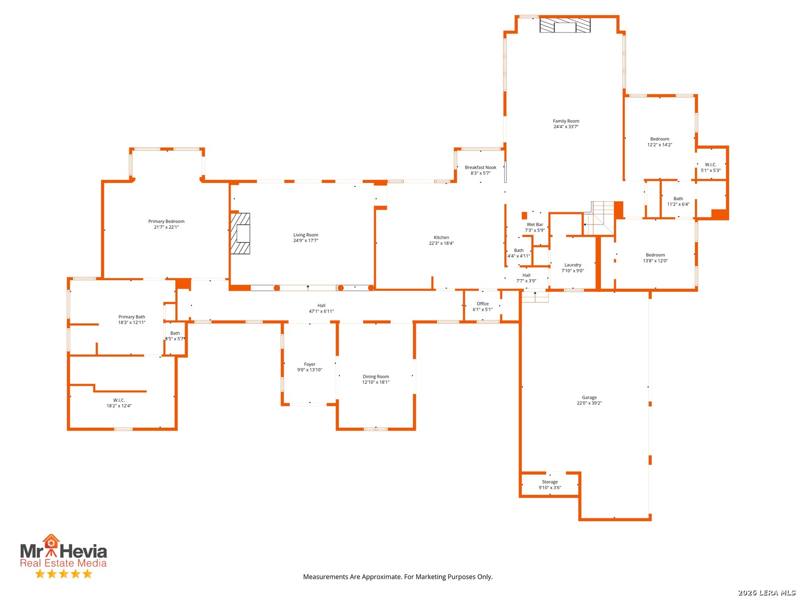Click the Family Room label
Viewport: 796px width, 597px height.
[x=565, y=121]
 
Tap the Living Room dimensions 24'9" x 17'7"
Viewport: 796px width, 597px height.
[x=305, y=240]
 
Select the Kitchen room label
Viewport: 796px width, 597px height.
[x=441, y=238]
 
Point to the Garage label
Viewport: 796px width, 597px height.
[x=589, y=397]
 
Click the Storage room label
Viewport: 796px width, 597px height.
[x=549, y=481]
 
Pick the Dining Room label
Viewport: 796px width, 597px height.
[x=375, y=376]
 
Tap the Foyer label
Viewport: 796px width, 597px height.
[x=310, y=364]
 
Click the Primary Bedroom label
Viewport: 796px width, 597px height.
[x=166, y=221]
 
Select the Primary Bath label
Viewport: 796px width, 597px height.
[x=131, y=317]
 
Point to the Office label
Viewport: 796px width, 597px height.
[x=483, y=304]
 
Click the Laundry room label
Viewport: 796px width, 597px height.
[x=572, y=265]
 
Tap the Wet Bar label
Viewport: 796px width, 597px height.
[x=535, y=225]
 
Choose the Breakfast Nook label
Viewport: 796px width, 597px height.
[x=480, y=167]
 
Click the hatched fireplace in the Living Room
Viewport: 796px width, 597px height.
[x=240, y=233]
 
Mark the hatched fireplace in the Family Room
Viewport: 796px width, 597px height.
[x=564, y=25]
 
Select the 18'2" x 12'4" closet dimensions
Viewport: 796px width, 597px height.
[x=119, y=406]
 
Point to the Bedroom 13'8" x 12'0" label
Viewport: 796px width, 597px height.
[x=654, y=258]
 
